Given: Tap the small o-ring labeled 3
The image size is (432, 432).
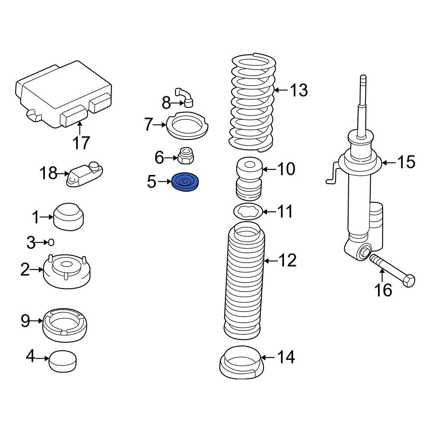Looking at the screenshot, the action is [51, 242].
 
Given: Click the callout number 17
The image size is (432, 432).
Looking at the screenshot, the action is [81, 143].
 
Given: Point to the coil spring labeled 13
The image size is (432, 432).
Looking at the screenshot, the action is [252, 102].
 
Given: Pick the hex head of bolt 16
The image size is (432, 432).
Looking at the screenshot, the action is [408, 280].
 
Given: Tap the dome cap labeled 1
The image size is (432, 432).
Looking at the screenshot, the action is [68, 217].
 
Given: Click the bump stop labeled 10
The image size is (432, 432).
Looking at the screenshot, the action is [249, 178].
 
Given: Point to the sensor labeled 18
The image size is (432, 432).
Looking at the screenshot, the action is [85, 174].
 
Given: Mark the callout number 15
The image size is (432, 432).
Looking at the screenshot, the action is [406, 162].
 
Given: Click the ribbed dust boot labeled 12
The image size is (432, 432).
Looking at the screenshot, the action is [244, 280].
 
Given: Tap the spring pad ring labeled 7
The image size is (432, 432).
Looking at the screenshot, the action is [187, 126].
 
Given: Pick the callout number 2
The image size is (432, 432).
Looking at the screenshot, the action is [25, 270].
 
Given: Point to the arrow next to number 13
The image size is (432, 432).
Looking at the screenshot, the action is [281, 90].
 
